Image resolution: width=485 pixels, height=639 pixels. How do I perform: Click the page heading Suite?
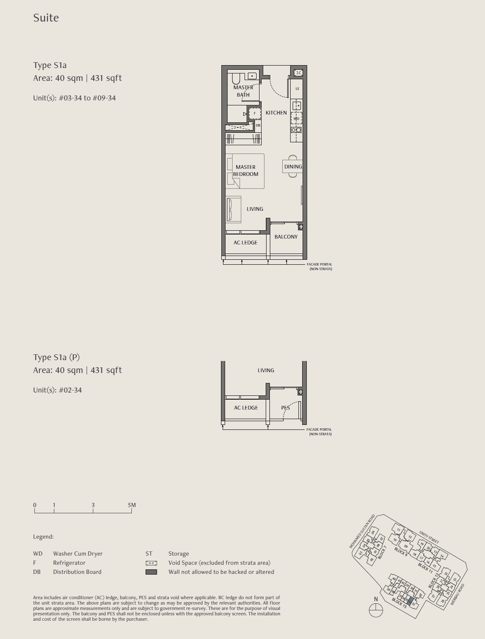(x=46, y=18)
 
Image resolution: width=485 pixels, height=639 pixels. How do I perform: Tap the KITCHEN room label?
(x=276, y=113)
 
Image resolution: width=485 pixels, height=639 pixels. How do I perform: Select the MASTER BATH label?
(x=243, y=91)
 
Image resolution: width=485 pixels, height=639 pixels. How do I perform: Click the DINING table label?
(x=293, y=166)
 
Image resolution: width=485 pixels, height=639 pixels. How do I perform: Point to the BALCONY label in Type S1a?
(x=286, y=237)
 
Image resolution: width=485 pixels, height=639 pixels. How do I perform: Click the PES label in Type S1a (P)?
(x=286, y=407)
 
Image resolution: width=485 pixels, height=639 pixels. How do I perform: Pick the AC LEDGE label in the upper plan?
(x=245, y=242)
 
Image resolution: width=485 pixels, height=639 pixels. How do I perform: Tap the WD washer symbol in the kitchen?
(x=296, y=119)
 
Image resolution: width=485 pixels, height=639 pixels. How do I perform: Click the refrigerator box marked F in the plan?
(x=255, y=113)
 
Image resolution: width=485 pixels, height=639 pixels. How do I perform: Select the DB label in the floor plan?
(x=258, y=125)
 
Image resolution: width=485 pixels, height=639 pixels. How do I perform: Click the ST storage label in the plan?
(x=297, y=89)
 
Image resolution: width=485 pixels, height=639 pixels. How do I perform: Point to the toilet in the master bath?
(x=236, y=78)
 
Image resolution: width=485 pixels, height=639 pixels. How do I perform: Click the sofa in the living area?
(x=233, y=210)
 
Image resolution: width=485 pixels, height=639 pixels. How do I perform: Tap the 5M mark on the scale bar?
(x=132, y=505)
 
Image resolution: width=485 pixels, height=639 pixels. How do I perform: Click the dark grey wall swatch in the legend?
(x=151, y=572)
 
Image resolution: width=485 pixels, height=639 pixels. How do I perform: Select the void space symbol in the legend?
(x=151, y=563)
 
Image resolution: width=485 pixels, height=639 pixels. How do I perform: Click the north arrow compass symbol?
(x=376, y=610)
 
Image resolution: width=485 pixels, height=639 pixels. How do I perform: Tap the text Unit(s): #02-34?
(x=58, y=390)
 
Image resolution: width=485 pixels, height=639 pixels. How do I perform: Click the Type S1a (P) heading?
(x=56, y=357)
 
